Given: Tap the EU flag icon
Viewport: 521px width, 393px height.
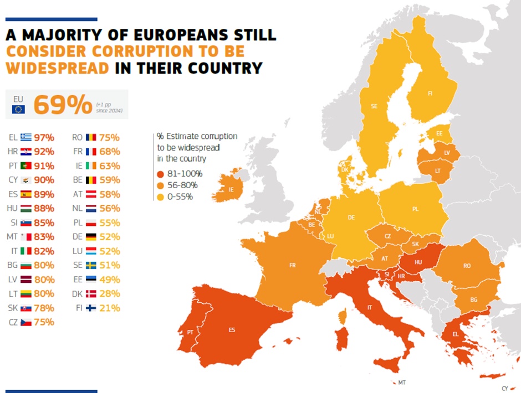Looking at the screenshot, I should pyautogui.click(x=18, y=109).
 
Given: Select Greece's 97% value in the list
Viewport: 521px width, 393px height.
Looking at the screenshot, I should pyautogui.click(x=44, y=137).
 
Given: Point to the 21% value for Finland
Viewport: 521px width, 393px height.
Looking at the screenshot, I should pyautogui.click(x=110, y=308).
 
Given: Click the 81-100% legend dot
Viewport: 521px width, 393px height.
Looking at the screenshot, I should pyautogui.click(x=160, y=174).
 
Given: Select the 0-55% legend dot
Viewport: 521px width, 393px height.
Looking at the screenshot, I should pyautogui.click(x=160, y=197).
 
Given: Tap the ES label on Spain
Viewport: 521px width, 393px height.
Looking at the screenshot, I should pyautogui.click(x=232, y=330).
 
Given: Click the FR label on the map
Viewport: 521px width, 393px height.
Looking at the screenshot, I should pyautogui.click(x=292, y=266).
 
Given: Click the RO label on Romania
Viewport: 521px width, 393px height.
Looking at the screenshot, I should pyautogui.click(x=467, y=266).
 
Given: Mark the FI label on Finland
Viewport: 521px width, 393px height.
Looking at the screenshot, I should pyautogui.click(x=430, y=94).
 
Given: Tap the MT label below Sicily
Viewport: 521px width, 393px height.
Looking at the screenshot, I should pyautogui.click(x=402, y=382).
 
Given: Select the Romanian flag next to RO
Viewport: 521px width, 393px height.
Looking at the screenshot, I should pyautogui.click(x=91, y=137).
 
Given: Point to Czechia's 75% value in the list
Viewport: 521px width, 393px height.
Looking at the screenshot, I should pyautogui.click(x=44, y=322).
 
